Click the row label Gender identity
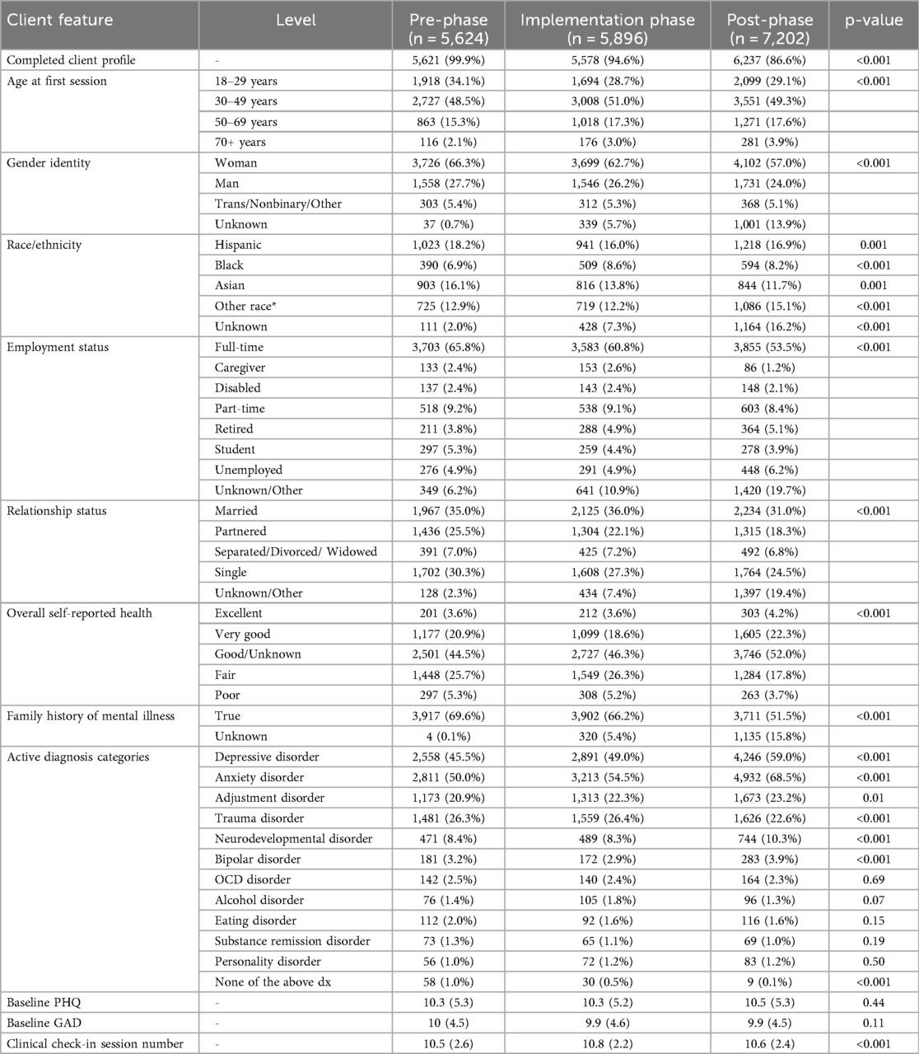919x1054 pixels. (49, 163)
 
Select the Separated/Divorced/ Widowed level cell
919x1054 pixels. (296, 552)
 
